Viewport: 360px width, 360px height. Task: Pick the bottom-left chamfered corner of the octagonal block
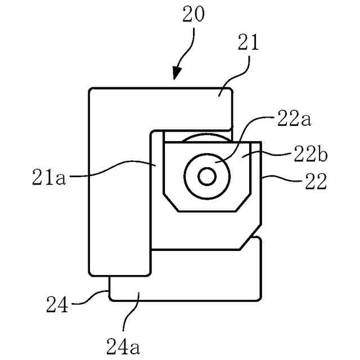[x=170, y=203]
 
